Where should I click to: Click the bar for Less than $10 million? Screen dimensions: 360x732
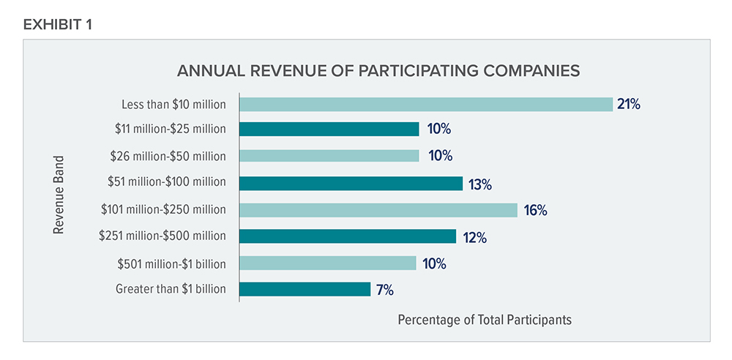click(425, 104)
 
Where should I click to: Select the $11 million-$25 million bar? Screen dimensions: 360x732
click(329, 130)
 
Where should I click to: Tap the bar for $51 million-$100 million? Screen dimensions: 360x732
click(351, 183)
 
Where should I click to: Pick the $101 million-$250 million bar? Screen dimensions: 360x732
click(378, 210)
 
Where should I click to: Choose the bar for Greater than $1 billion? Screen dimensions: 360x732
click(305, 289)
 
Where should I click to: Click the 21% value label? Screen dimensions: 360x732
click(628, 104)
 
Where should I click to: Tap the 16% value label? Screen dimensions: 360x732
click(535, 211)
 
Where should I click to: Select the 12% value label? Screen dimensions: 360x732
click(472, 237)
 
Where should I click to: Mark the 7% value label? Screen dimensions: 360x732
click(385, 290)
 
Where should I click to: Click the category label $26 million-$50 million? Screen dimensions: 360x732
click(168, 157)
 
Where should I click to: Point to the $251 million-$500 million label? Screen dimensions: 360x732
click(163, 236)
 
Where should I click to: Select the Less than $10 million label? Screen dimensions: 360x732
click(174, 104)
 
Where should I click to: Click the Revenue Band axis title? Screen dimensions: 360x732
click(59, 194)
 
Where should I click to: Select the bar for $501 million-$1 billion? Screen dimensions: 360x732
click(327, 263)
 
